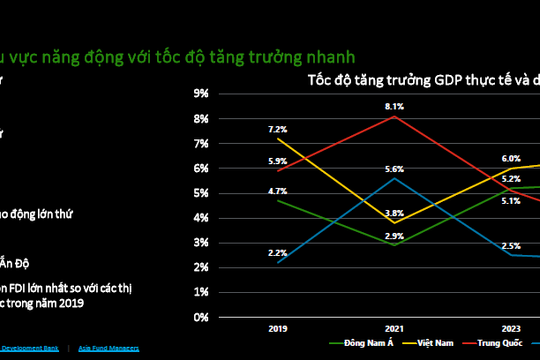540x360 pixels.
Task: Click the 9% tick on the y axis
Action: (x=199, y=93)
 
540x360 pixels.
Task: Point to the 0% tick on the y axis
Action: (x=199, y=317)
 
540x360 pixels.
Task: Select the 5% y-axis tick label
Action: (x=199, y=193)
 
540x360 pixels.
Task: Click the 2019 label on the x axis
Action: (x=278, y=327)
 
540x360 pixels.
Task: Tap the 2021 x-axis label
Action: (x=394, y=327)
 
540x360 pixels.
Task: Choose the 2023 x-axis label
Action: (x=510, y=327)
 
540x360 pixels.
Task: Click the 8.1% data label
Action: (x=394, y=106)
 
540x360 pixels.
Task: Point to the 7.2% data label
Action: (x=277, y=129)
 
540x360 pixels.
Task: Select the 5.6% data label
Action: (x=394, y=169)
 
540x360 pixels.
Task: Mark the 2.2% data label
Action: (x=277, y=253)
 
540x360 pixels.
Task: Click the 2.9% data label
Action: (x=394, y=235)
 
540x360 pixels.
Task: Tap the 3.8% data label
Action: (x=394, y=213)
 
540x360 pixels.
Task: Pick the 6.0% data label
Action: (x=511, y=158)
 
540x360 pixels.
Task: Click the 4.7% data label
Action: (x=277, y=190)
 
